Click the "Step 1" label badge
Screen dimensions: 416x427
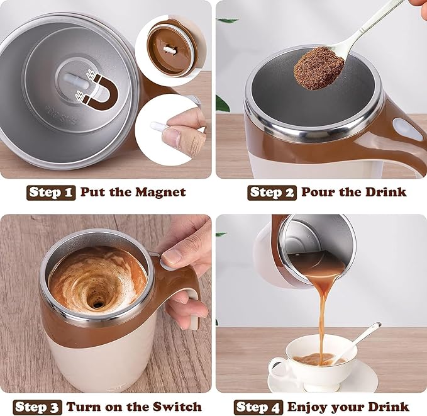coord(51,192)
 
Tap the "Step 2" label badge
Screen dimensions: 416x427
coord(272,192)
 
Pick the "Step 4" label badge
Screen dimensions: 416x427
coord(257,407)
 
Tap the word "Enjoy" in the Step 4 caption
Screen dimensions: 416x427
coord(309,407)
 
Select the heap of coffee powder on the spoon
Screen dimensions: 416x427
coord(319,67)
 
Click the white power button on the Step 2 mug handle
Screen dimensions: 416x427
coord(408,130)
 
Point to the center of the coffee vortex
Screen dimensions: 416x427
coord(97,302)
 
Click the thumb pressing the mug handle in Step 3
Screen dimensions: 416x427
coord(180,254)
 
